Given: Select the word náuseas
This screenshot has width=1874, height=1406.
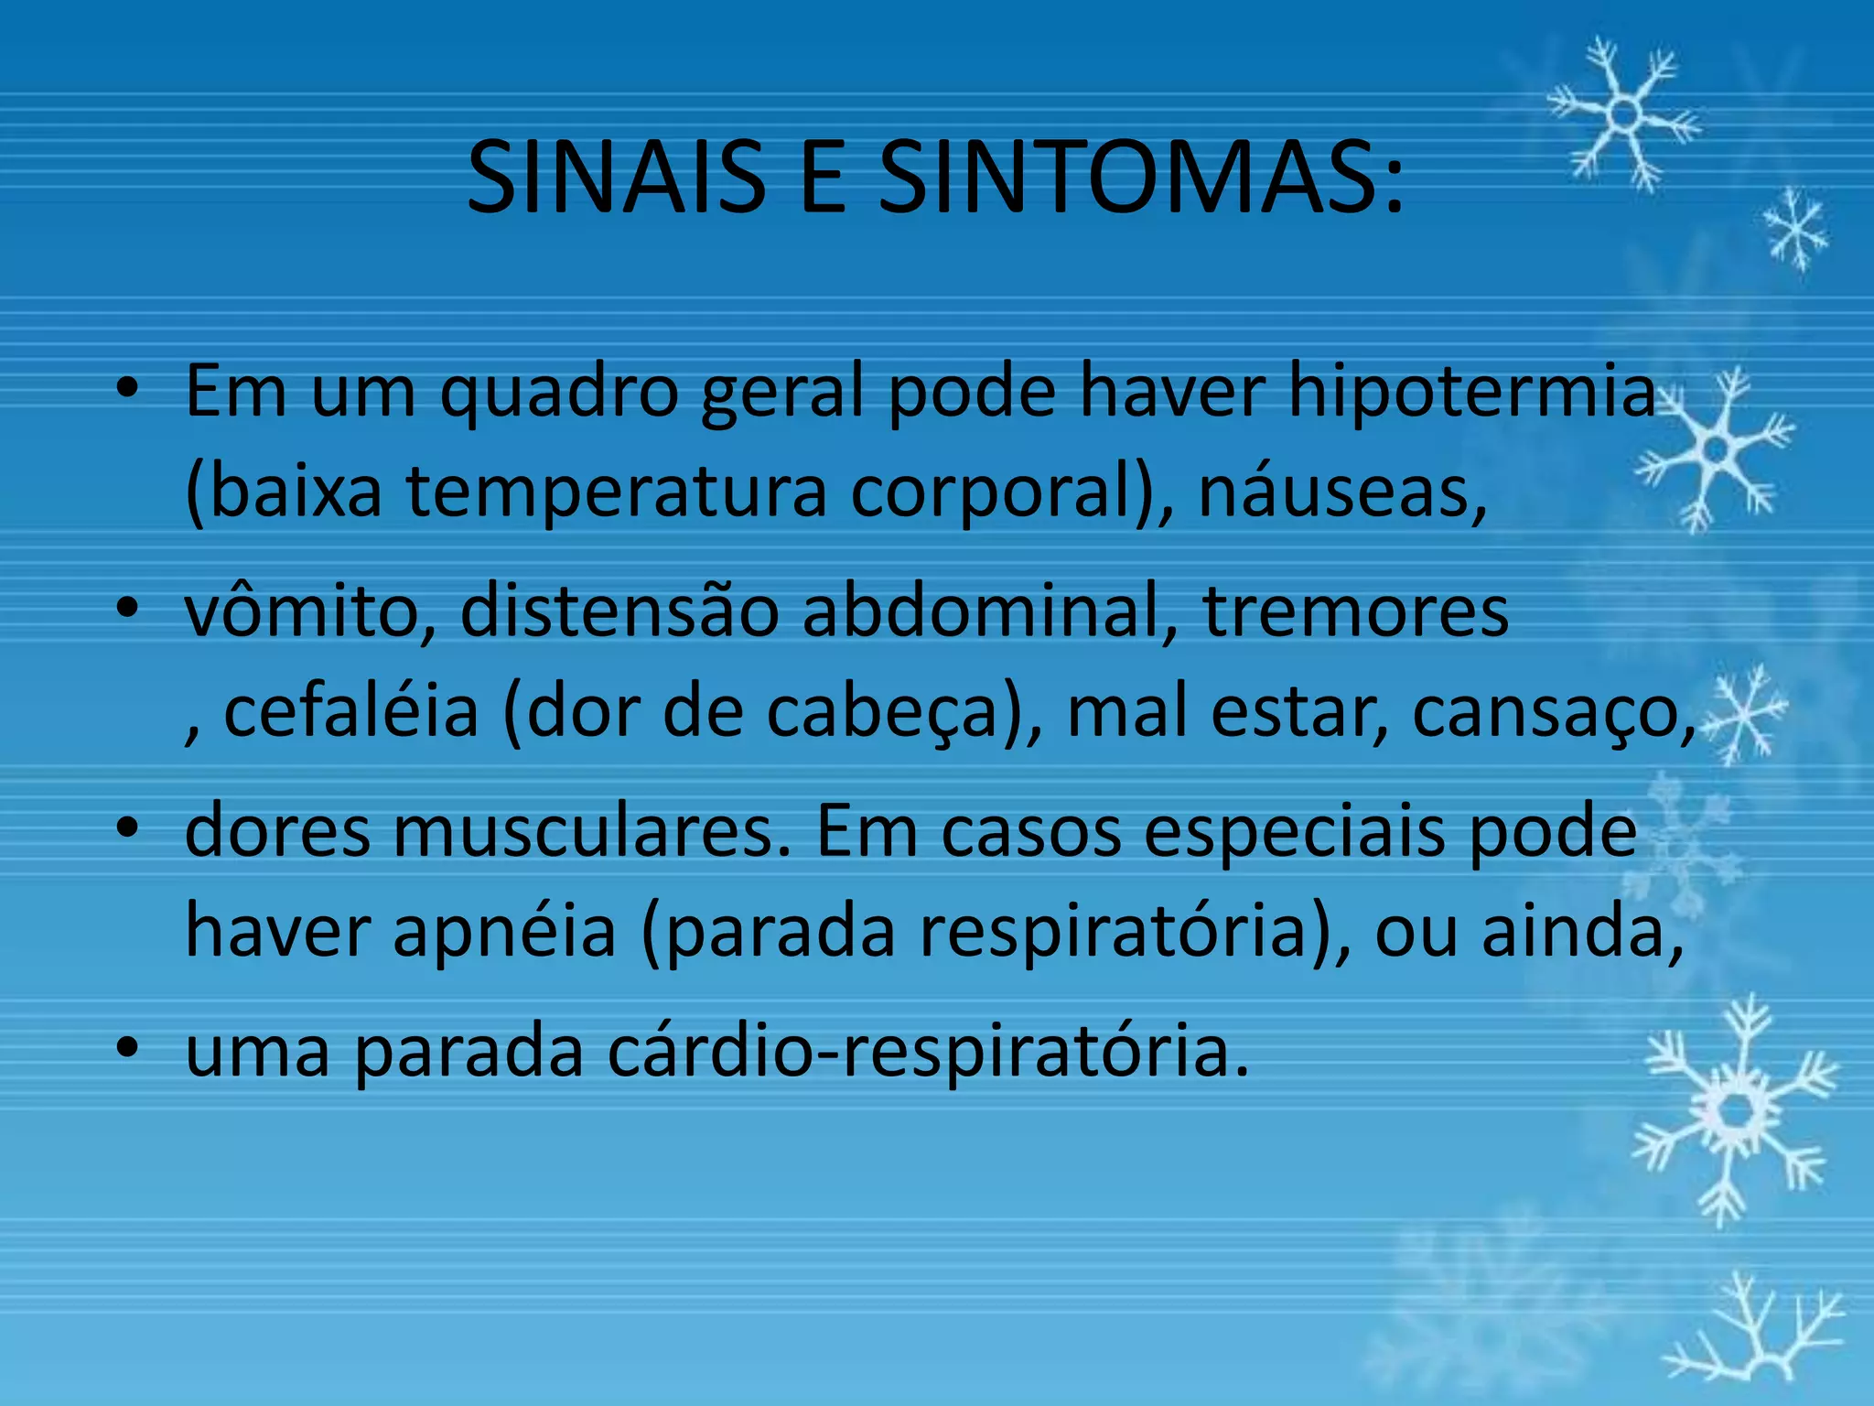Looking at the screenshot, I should point(1341,492).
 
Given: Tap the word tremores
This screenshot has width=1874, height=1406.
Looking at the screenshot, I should point(1355,611).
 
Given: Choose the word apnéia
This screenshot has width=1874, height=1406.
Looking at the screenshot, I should point(504,931).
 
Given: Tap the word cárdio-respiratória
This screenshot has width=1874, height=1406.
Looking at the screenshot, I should point(928,1051).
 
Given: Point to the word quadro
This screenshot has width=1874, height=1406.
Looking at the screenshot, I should point(560,392).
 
